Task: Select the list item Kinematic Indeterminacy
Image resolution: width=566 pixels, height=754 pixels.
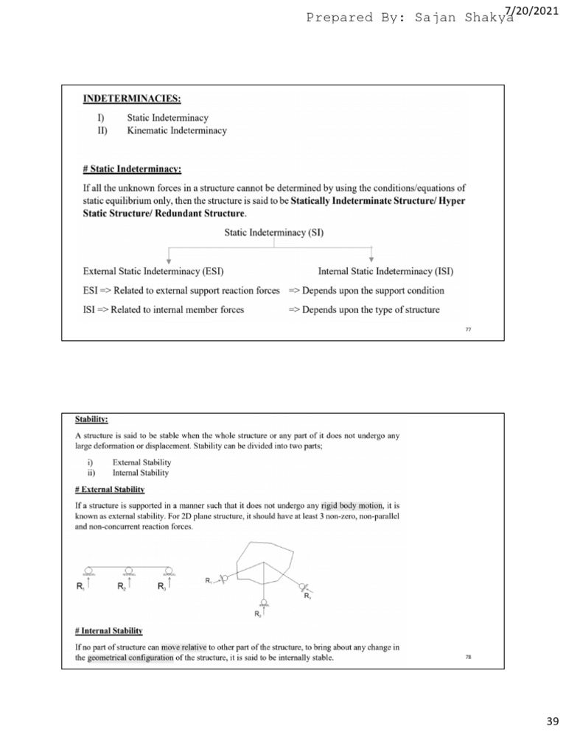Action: (177, 131)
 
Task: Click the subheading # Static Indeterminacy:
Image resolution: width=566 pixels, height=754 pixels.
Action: (132, 168)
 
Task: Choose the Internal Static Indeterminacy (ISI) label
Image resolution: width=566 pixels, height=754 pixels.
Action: (385, 271)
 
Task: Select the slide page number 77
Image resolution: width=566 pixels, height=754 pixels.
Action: (468, 329)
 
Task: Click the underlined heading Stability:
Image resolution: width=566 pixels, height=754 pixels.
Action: (92, 420)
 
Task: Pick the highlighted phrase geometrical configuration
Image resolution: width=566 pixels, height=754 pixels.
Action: (130, 658)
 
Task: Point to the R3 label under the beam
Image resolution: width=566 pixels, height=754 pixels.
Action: (161, 587)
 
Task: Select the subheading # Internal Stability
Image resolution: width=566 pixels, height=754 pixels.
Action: (109, 631)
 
